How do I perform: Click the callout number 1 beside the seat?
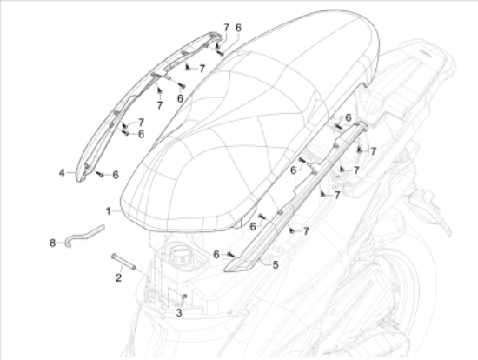tap(109, 211)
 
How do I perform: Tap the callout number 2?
tap(118, 277)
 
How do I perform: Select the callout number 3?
tap(179, 313)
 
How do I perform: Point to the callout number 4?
tap(62, 173)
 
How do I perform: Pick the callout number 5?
tap(276, 265)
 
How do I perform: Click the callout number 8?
tap(53, 243)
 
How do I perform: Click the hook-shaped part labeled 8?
tap(84, 236)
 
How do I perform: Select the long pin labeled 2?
tap(123, 262)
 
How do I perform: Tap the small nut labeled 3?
tap(184, 297)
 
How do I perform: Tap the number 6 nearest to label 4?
tap(116, 175)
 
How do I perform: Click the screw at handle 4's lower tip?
tap(100, 174)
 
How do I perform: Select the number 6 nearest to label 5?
tap(216, 254)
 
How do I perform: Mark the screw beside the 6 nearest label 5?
tap(231, 254)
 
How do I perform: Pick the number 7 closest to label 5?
tap(306, 231)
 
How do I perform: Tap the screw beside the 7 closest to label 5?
tap(291, 231)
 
